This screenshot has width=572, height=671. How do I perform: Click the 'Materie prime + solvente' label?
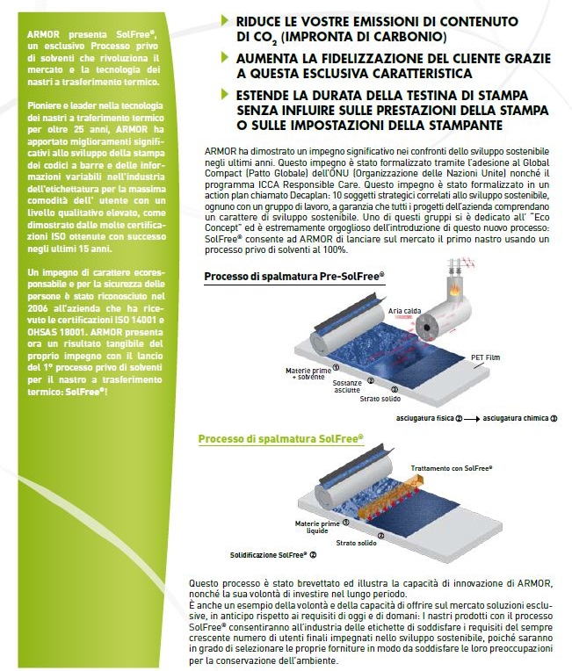[307, 374]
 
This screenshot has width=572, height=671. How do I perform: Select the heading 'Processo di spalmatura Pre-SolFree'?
[293, 277]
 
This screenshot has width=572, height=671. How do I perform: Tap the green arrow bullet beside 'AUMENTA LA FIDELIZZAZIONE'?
[225, 58]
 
